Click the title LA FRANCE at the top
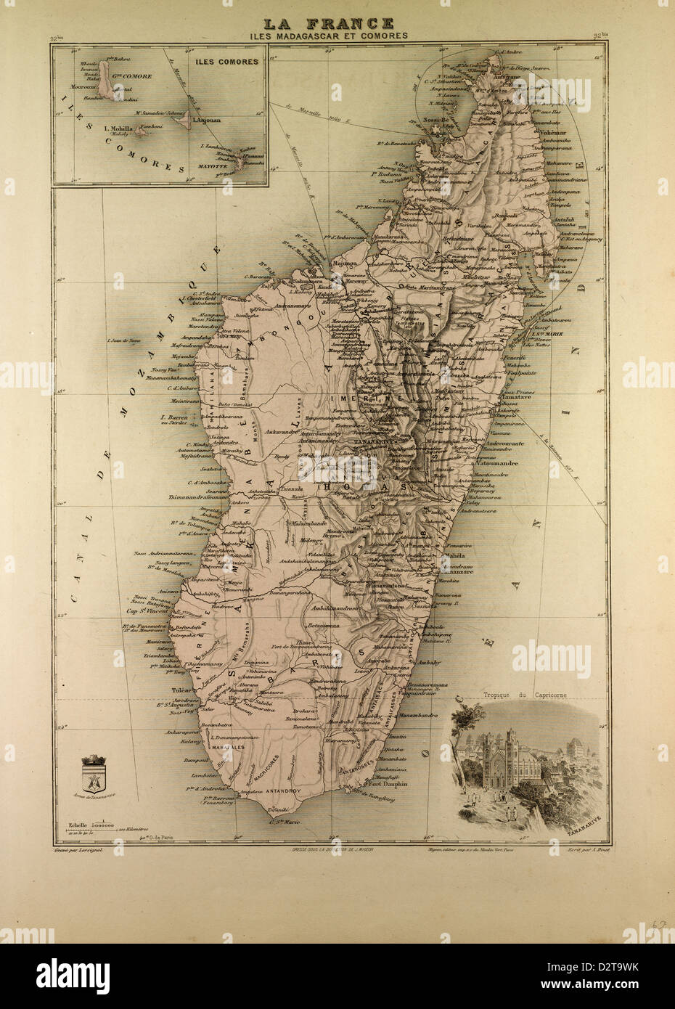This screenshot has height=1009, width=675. point(337,23)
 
